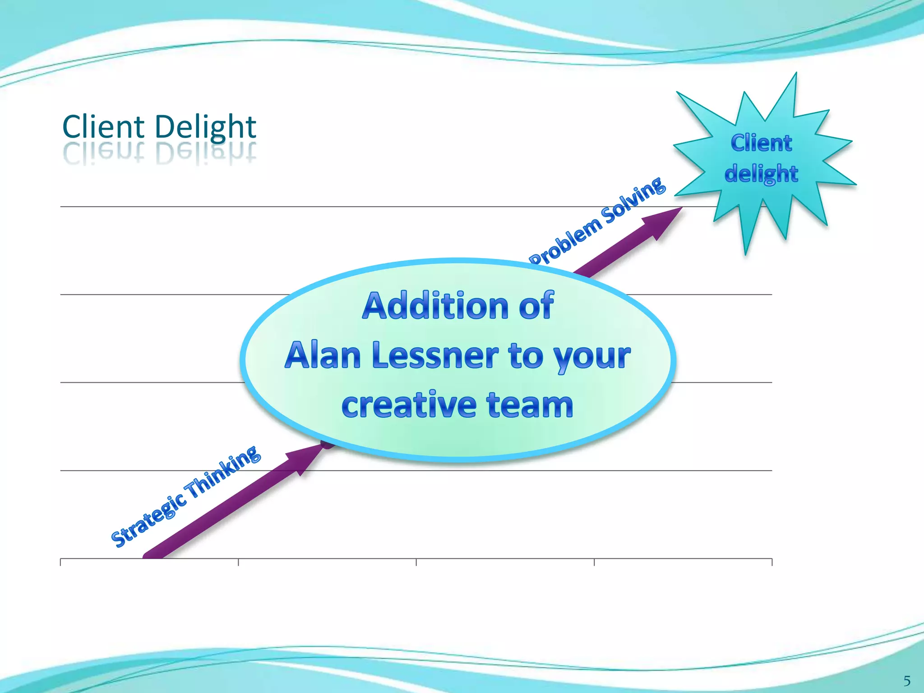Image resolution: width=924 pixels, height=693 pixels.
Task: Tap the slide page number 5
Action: coord(907,680)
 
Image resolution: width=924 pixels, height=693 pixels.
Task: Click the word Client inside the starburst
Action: coord(761,143)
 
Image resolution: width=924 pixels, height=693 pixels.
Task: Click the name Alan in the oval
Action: coord(322,356)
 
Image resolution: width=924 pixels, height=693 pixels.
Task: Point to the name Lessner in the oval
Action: coord(436,356)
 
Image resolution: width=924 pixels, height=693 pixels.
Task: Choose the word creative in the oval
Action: coord(408,405)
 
